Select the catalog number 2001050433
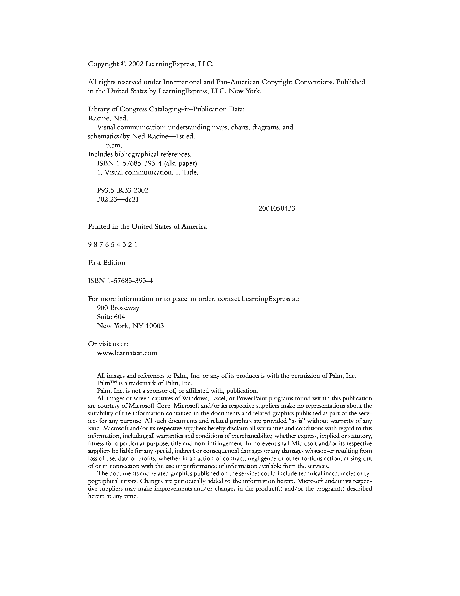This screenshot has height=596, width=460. pos(277,208)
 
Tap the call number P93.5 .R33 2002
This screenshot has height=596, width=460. pos(123,190)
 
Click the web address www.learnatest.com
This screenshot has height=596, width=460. pos(127,353)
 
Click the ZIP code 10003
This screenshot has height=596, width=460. pos(155,326)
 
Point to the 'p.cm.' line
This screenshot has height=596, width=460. pos(114,145)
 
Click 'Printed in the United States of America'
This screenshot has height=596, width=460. pos(147,226)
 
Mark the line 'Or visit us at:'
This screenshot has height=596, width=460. pos(108,344)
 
